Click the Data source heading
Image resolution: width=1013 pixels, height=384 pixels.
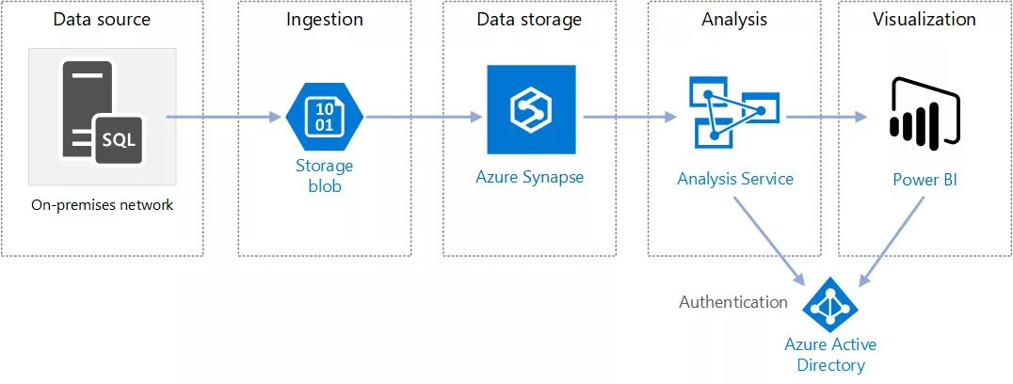pos(102,20)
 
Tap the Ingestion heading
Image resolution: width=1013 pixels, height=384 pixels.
pos(324,20)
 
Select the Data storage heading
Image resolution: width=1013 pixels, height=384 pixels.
pos(529,20)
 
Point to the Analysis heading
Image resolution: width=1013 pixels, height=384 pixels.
pos(734,20)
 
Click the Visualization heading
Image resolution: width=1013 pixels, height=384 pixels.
pos(924,20)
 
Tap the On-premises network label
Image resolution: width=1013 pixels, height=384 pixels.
pos(102,205)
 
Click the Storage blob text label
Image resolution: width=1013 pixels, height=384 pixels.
pos(324,176)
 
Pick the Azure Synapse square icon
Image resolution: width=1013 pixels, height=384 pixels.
pos(530,109)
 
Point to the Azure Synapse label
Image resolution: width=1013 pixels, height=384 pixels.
pos(530,177)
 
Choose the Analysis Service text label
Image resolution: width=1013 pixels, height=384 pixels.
pos(735,179)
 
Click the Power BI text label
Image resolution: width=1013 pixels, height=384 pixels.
pos(925,179)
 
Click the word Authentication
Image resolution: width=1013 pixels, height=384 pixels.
pos(733,302)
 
